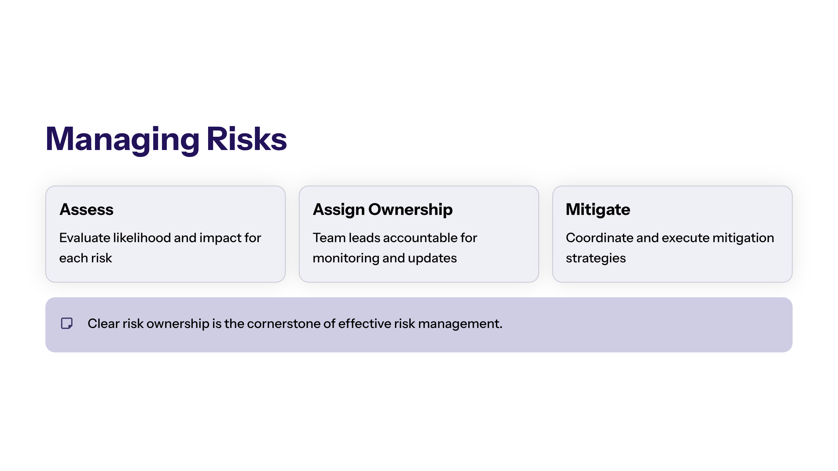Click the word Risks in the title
coord(247,139)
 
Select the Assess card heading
coord(87,209)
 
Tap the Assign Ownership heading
coord(383,210)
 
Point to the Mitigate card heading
coord(598,210)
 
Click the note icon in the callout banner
coord(67,323)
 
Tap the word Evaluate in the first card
coord(85,238)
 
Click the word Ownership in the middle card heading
coord(410,210)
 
